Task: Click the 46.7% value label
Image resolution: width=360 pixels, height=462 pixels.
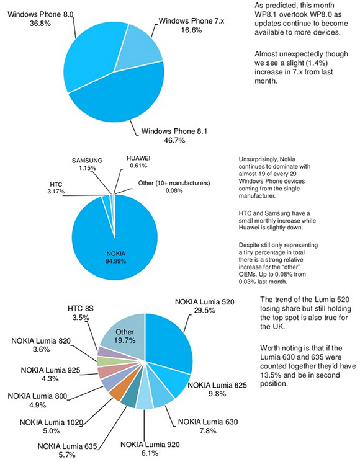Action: click(x=174, y=141)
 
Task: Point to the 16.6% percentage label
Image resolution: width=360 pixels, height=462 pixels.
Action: click(x=191, y=30)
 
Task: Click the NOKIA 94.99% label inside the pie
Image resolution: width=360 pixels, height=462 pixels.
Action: click(x=116, y=257)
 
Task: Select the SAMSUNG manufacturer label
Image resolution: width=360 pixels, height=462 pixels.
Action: click(x=88, y=161)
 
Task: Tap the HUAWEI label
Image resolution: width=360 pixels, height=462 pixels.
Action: click(x=138, y=158)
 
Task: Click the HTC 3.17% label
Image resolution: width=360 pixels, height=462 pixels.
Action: click(x=56, y=188)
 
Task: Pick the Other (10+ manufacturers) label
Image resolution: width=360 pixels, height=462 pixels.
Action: click(x=174, y=183)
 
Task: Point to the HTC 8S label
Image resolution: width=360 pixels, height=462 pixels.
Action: click(x=81, y=308)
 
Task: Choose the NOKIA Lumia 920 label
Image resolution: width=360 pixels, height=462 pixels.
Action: click(x=150, y=444)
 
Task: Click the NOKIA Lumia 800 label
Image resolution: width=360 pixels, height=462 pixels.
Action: click(x=37, y=396)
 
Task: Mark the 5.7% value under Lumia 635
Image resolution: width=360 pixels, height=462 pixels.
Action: click(x=67, y=455)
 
